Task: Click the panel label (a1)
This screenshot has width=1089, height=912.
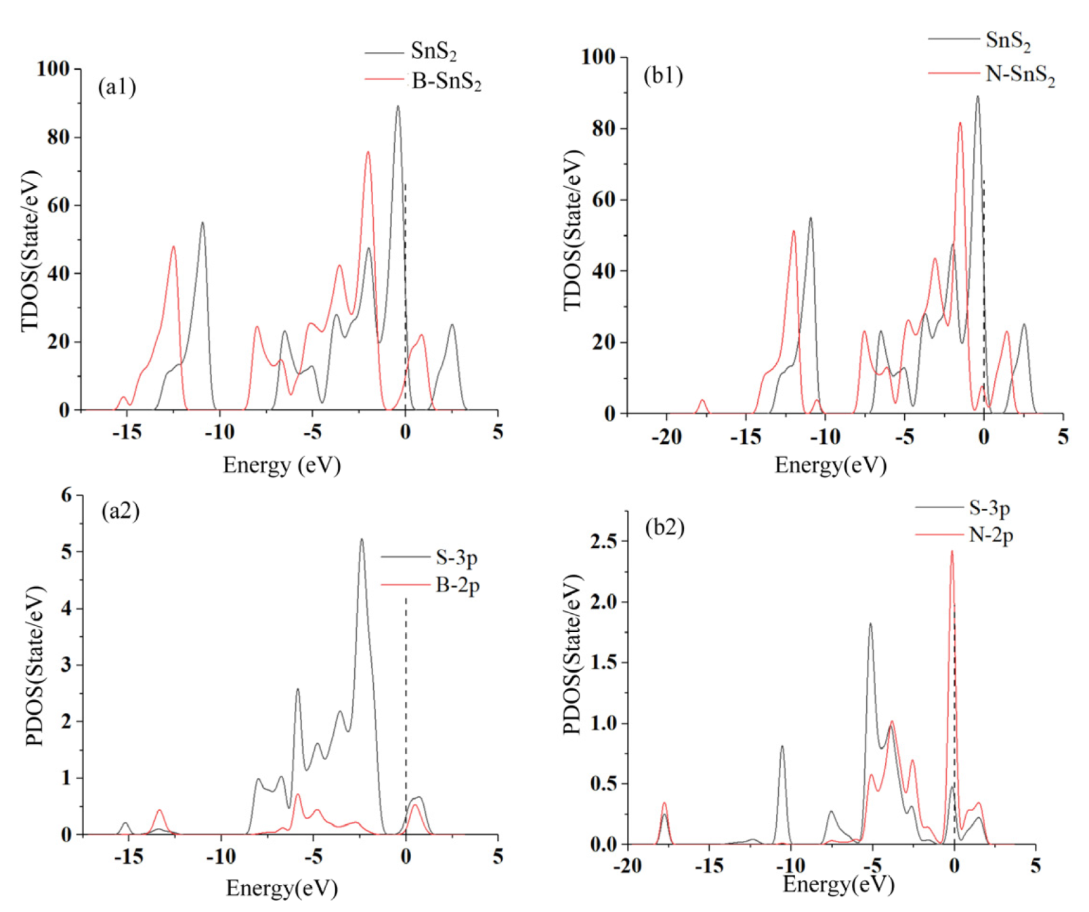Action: pyautogui.click(x=117, y=87)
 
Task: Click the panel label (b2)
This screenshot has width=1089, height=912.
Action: pyautogui.click(x=664, y=526)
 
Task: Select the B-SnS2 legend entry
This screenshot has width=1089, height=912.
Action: pyautogui.click(x=446, y=81)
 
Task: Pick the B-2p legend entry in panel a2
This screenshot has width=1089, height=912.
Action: pyautogui.click(x=457, y=584)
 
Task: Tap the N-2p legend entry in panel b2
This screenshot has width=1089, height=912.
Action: pyautogui.click(x=991, y=535)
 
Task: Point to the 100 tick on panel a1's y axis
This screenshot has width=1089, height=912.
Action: pyautogui.click(x=54, y=68)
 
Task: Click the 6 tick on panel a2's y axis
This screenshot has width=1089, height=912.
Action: pyautogui.click(x=66, y=495)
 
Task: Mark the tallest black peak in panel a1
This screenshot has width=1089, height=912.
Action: pyautogui.click(x=398, y=107)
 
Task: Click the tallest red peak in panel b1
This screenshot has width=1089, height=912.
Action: pyautogui.click(x=960, y=124)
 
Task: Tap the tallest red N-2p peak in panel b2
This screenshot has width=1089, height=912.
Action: pyautogui.click(x=952, y=552)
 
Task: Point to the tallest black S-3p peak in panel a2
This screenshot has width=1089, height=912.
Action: pyautogui.click(x=361, y=541)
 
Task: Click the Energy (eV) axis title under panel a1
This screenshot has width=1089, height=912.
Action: pyautogui.click(x=282, y=465)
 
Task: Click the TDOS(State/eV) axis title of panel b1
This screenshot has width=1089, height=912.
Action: pyautogui.click(x=573, y=230)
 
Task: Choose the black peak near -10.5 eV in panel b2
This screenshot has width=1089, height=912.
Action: pyautogui.click(x=782, y=748)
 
